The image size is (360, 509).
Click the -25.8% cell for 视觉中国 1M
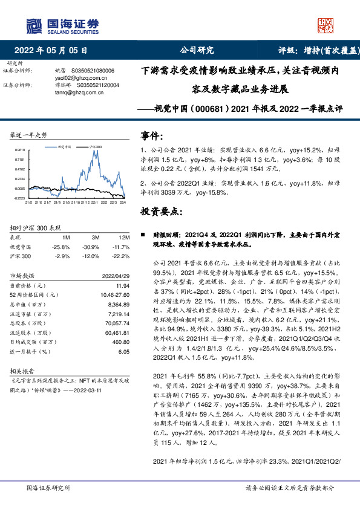pos(61,247)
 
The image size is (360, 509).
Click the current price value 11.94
pos(123,285)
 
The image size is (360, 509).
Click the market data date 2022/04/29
pos(115,275)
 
